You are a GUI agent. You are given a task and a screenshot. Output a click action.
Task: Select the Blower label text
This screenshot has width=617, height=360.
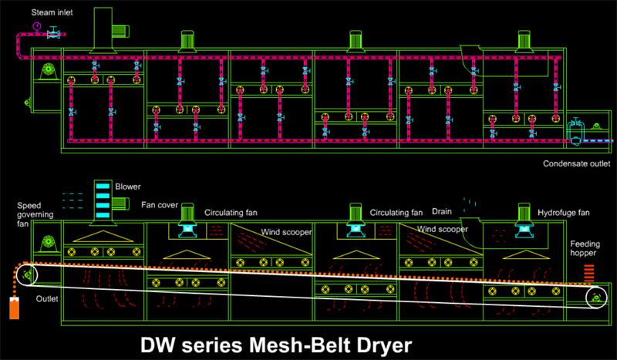pos(127,187)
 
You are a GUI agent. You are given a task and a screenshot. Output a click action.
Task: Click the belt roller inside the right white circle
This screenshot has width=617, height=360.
pos(597,298)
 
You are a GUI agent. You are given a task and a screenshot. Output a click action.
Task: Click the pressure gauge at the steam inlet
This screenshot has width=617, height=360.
pos(37,28)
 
